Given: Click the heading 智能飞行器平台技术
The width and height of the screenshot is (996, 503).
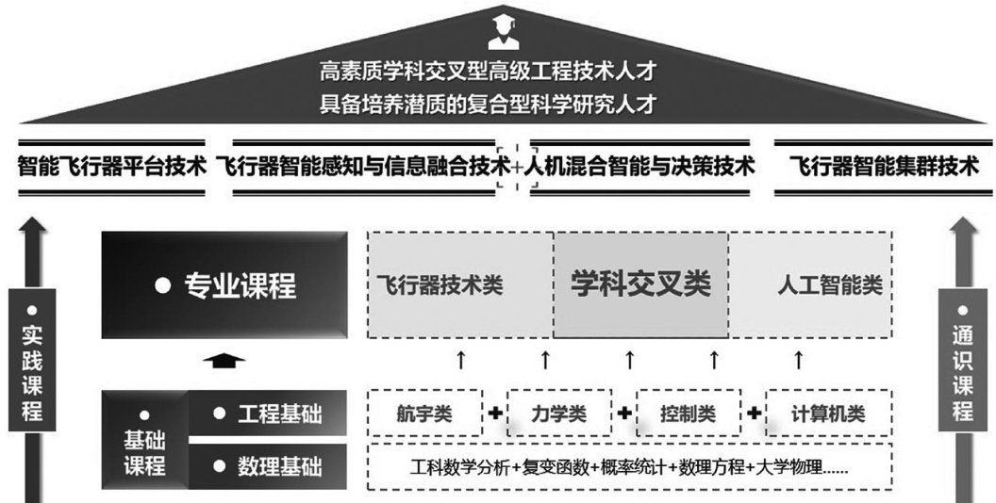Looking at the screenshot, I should click(x=112, y=168).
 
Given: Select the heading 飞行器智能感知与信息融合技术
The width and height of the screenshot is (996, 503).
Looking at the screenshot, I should click(x=363, y=168).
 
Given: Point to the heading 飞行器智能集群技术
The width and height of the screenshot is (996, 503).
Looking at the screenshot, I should click(x=884, y=168).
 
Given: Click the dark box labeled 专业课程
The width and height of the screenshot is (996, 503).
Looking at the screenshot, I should click(x=225, y=284).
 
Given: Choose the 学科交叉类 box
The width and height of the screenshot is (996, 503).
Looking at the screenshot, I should click(x=639, y=284).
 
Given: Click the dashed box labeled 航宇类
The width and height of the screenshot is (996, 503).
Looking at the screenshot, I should click(x=423, y=413).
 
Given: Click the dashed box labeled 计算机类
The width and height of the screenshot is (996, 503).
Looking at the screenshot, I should click(x=828, y=413).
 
